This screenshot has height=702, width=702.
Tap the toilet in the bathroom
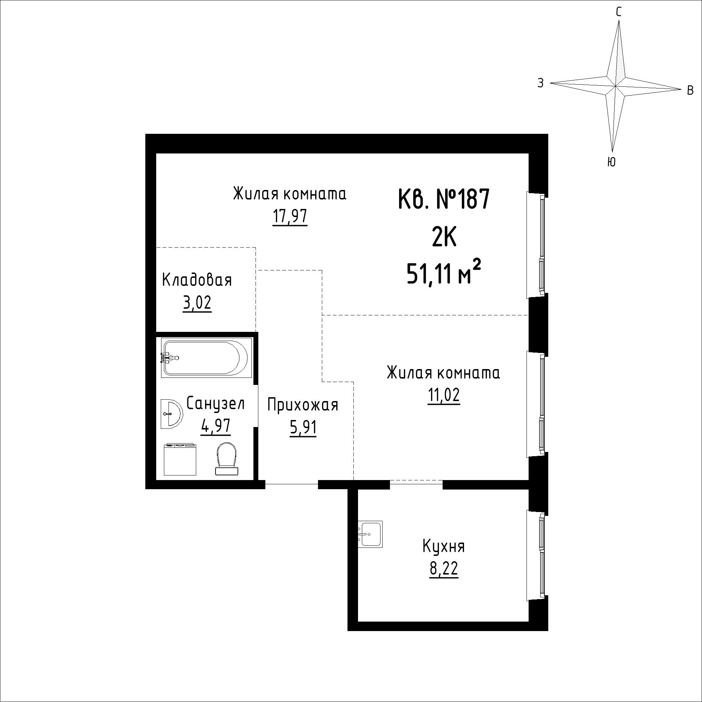(226, 458)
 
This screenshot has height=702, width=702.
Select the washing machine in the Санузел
(180, 459)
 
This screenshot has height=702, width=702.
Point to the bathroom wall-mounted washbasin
(171, 413)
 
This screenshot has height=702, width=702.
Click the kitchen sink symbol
(370, 534)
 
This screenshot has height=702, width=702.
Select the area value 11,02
(444, 395)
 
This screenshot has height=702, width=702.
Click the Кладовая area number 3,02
(197, 303)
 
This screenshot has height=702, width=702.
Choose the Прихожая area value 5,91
(303, 427)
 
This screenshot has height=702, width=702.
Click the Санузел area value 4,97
(216, 426)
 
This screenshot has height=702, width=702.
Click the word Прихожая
(303, 405)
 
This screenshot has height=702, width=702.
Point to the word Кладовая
(197, 280)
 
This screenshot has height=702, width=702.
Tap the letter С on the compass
(618, 13)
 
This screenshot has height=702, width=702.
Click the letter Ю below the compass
(611, 162)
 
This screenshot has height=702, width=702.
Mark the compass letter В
(690, 90)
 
